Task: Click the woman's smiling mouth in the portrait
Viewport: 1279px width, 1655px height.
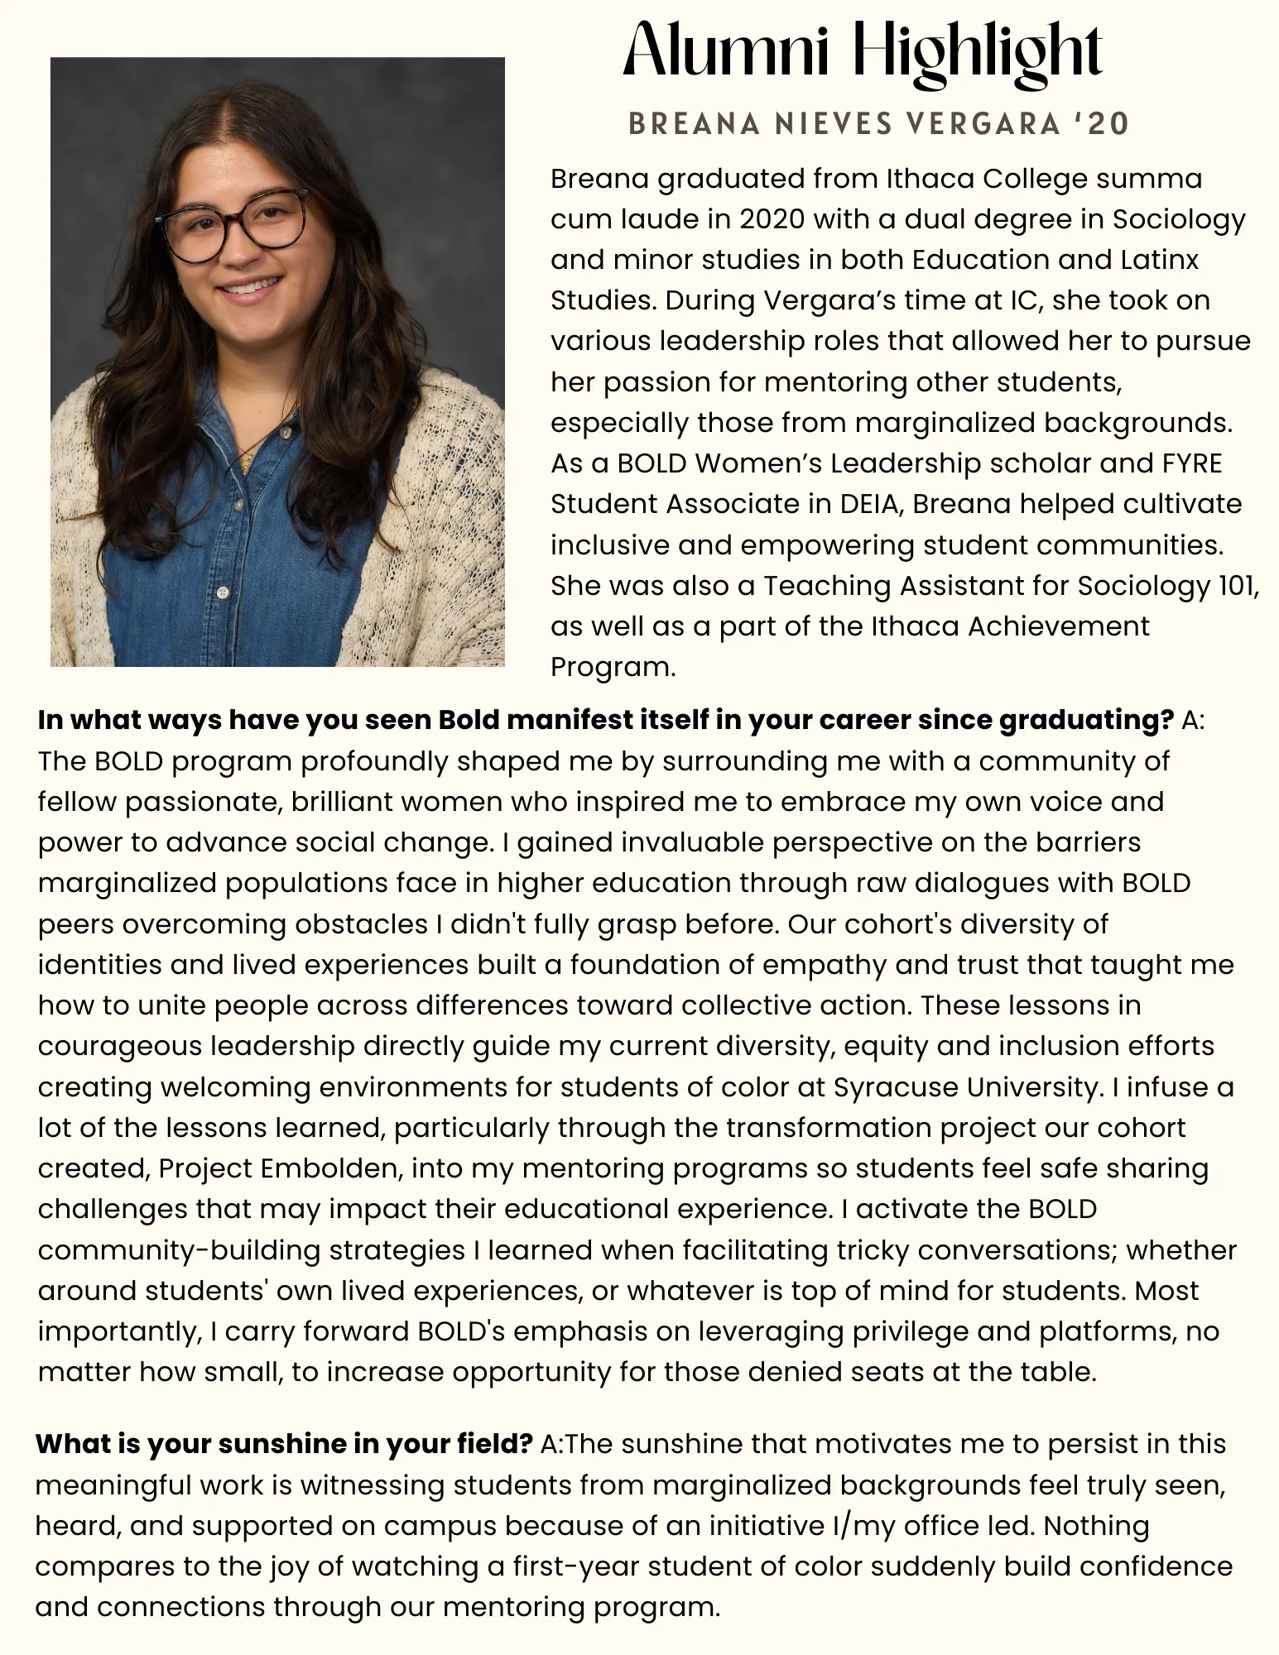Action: (x=248, y=289)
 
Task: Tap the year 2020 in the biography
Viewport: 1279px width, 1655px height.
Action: (x=772, y=219)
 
